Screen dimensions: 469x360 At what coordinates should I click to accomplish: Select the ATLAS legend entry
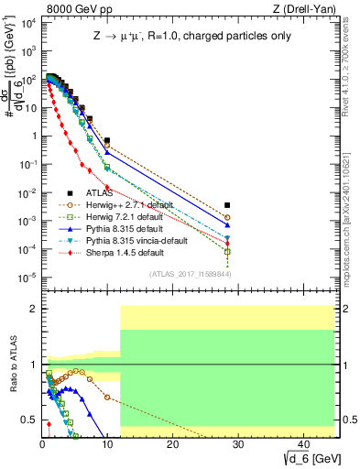(101, 193)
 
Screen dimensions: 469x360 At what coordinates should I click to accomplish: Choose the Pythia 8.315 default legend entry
(125, 229)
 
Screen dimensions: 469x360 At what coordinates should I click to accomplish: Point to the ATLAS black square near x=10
(107, 141)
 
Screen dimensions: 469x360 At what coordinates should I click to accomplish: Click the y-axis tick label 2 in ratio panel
(32, 309)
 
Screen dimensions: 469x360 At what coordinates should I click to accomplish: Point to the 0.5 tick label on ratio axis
(28, 420)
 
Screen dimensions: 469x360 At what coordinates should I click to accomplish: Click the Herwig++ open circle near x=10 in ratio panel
(107, 398)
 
